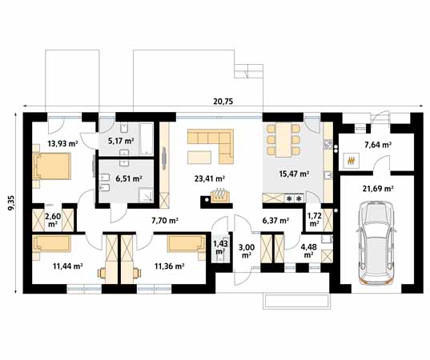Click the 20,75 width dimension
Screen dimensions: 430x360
pos(223,102)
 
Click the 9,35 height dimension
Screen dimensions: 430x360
pos(12,202)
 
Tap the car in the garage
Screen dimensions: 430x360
pos(376,243)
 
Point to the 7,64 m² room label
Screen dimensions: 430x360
pos(378,145)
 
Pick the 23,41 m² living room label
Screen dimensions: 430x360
pos(210,178)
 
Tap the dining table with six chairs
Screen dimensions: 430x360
pos(283,140)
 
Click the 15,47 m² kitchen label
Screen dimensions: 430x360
pos(294,174)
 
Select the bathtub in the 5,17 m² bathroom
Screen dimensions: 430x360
pos(147,138)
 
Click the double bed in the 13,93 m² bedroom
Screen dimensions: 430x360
pos(52,166)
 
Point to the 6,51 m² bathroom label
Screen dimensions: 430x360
pos(129,178)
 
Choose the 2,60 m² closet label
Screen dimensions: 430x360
pos(53,220)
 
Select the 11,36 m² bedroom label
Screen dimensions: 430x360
pos(169,266)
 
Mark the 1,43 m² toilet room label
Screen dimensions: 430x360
pos(219,246)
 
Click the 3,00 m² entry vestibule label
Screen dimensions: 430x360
pos(247,251)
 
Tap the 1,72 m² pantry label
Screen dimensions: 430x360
pos(314,219)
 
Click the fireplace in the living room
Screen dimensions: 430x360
pos(219,196)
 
